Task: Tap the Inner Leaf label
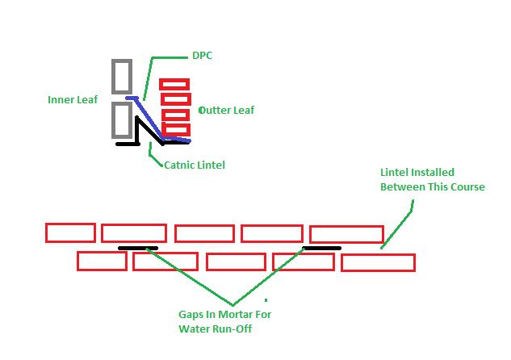pyautogui.click(x=73, y=101)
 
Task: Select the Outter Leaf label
pyautogui.click(x=227, y=110)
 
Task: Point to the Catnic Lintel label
pyautogui.click(x=194, y=165)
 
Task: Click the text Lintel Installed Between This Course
pyautogui.click(x=432, y=179)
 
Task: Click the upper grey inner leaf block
pyautogui.click(x=122, y=76)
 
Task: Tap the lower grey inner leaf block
pyautogui.click(x=122, y=119)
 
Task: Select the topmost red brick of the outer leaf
pyautogui.click(x=174, y=84)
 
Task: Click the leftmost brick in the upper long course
pyautogui.click(x=70, y=232)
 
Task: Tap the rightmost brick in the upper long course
pyautogui.click(x=346, y=234)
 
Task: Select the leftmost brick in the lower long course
pyautogui.click(x=102, y=261)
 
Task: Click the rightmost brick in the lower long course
pyautogui.click(x=378, y=262)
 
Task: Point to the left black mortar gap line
pyautogui.click(x=138, y=248)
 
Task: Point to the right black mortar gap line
pyautogui.click(x=321, y=248)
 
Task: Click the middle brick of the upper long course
pyautogui.click(x=204, y=234)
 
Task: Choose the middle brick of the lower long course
pyautogui.click(x=235, y=262)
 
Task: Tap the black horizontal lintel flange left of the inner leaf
pyautogui.click(x=128, y=144)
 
